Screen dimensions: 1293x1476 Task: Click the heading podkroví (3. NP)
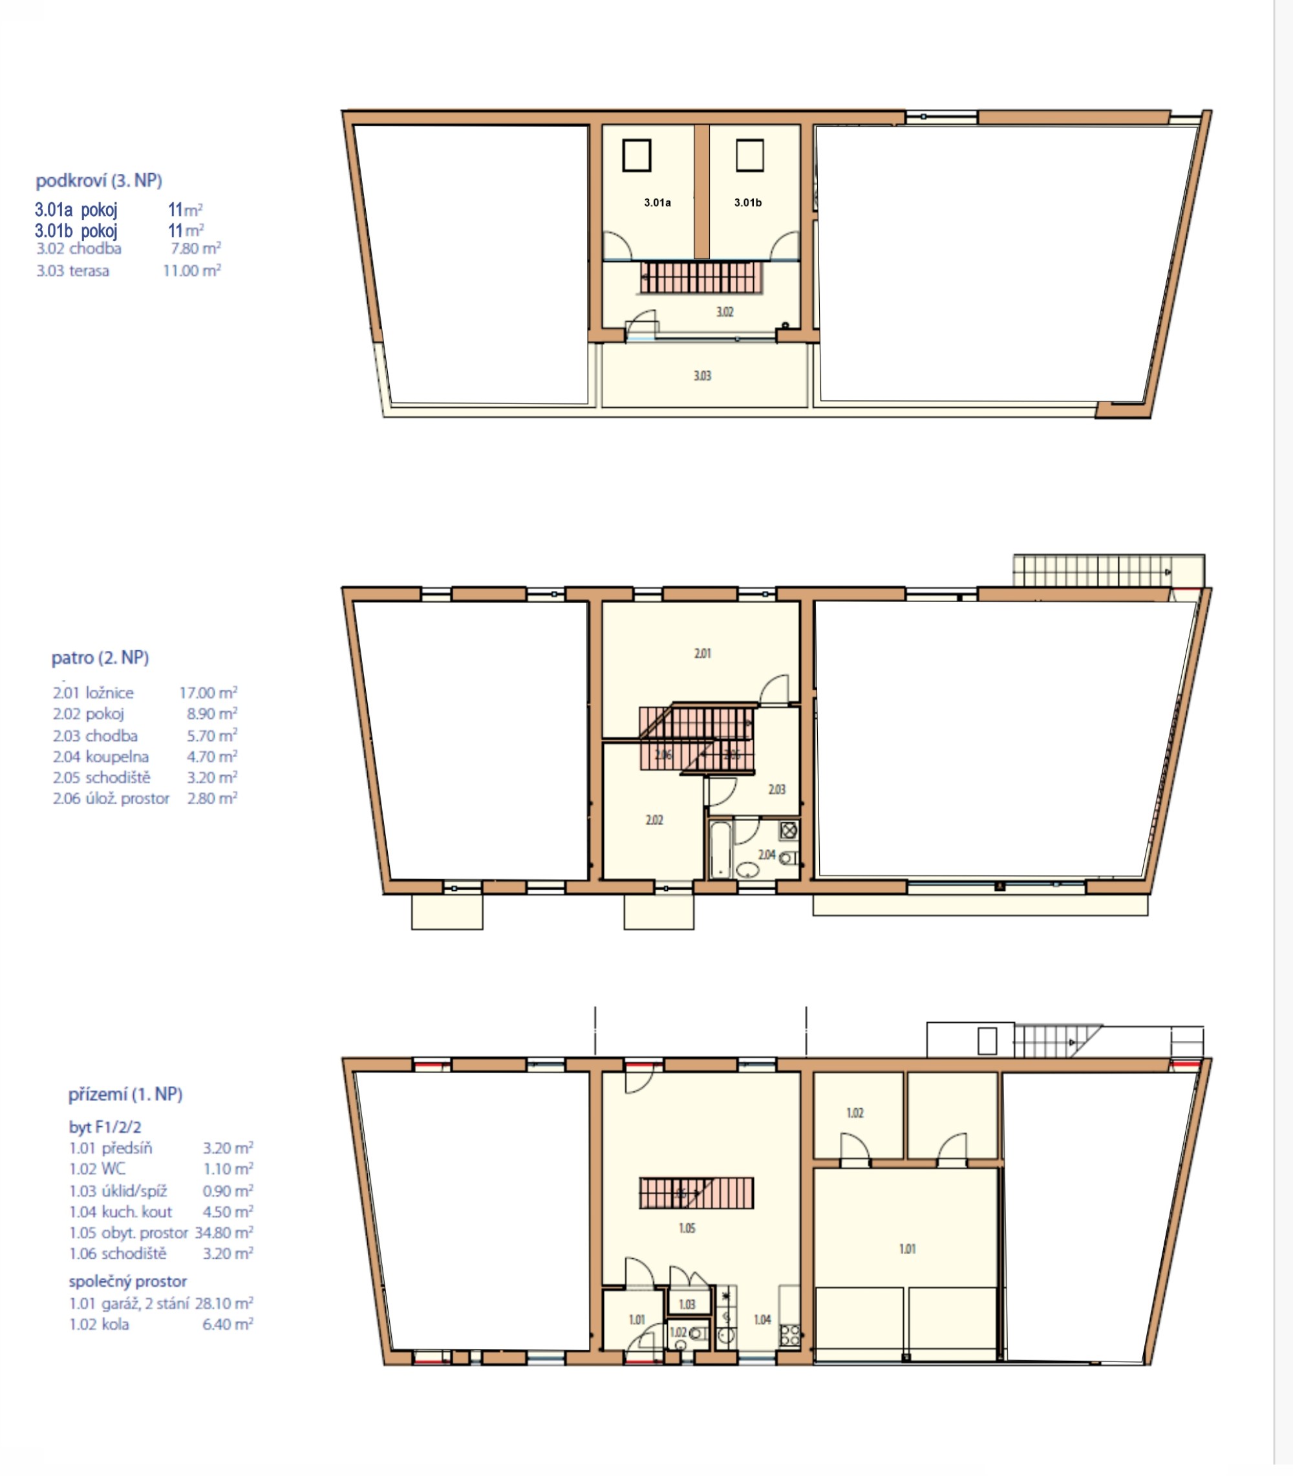(x=99, y=180)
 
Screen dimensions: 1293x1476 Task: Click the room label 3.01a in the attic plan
(x=657, y=203)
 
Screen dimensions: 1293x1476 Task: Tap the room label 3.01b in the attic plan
(x=747, y=203)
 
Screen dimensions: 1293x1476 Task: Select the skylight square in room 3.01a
(x=636, y=155)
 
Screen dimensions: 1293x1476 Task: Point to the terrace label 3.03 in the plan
(x=702, y=376)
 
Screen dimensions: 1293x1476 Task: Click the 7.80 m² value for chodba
(x=195, y=249)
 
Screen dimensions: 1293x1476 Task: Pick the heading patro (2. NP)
(x=100, y=658)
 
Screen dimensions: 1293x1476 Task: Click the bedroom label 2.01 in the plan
(x=702, y=654)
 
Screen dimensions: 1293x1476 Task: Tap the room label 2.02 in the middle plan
(x=654, y=820)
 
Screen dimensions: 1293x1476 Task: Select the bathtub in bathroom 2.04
(x=720, y=849)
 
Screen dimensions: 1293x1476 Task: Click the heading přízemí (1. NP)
(x=125, y=1095)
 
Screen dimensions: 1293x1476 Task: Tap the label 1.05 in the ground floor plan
(x=687, y=1228)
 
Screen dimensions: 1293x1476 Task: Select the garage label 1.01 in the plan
(x=907, y=1249)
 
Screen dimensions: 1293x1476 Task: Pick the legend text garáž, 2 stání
(x=145, y=1303)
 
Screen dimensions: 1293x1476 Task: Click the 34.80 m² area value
(x=224, y=1233)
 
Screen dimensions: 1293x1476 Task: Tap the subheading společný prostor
(x=128, y=1282)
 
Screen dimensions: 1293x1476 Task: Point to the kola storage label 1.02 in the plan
(x=855, y=1113)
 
